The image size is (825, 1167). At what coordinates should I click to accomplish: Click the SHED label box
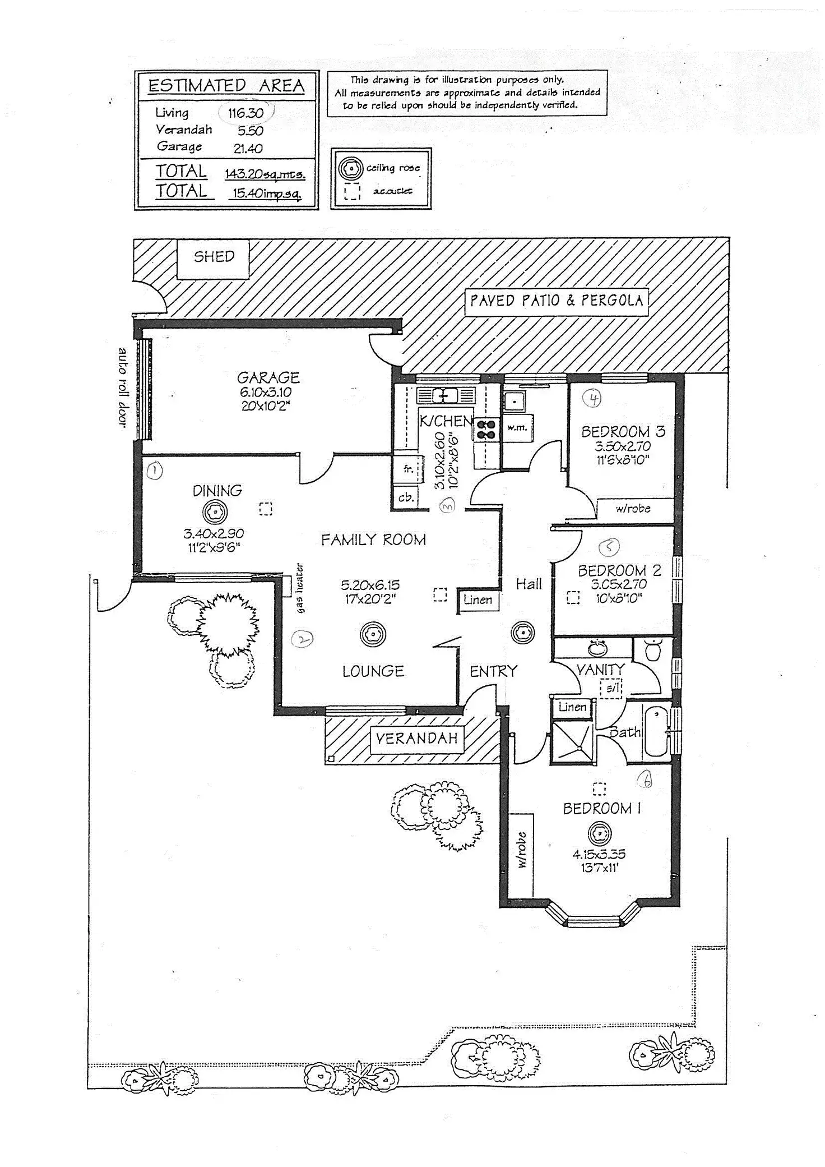click(214, 257)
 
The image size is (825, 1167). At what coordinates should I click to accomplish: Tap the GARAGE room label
click(268, 377)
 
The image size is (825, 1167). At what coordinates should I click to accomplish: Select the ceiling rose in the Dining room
click(215, 511)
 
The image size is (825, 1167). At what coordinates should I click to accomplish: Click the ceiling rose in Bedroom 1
click(599, 834)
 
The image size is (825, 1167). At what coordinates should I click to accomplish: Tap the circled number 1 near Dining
click(155, 471)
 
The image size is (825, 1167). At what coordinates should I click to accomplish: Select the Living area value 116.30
click(245, 113)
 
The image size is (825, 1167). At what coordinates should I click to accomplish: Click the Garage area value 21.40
click(248, 149)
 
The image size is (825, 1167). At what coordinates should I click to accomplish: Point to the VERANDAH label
click(416, 739)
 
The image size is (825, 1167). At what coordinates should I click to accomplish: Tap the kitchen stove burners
click(485, 429)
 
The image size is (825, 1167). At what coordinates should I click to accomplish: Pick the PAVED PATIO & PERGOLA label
click(556, 301)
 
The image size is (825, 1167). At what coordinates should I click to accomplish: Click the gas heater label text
click(300, 588)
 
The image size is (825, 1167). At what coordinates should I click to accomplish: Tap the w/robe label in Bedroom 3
click(633, 509)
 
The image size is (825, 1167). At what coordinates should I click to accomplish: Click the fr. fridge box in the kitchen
click(407, 469)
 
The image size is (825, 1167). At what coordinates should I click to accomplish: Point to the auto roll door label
click(123, 388)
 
